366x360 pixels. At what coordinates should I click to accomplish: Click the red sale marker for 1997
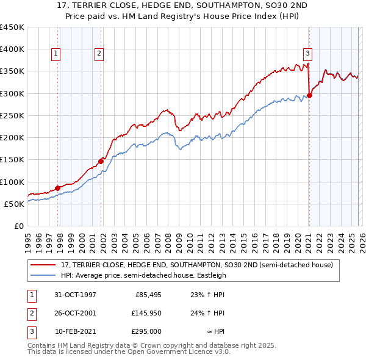click(58, 188)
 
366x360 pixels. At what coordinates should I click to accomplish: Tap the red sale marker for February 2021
click(309, 95)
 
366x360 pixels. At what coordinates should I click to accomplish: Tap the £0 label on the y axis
click(19, 226)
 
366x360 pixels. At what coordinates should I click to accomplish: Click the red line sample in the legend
click(43, 265)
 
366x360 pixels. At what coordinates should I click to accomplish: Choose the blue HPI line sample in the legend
click(43, 276)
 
